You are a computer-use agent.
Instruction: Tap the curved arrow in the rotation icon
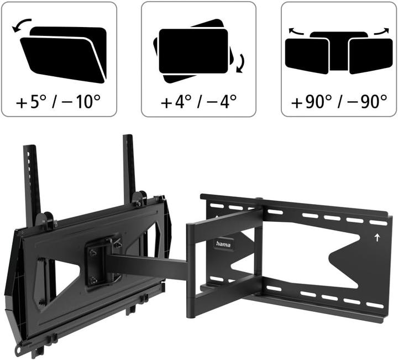click(239, 64)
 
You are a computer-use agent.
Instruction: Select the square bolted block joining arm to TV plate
click(102, 259)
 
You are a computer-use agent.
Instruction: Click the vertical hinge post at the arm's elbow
click(191, 270)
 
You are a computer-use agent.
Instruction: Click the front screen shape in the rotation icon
click(193, 51)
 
